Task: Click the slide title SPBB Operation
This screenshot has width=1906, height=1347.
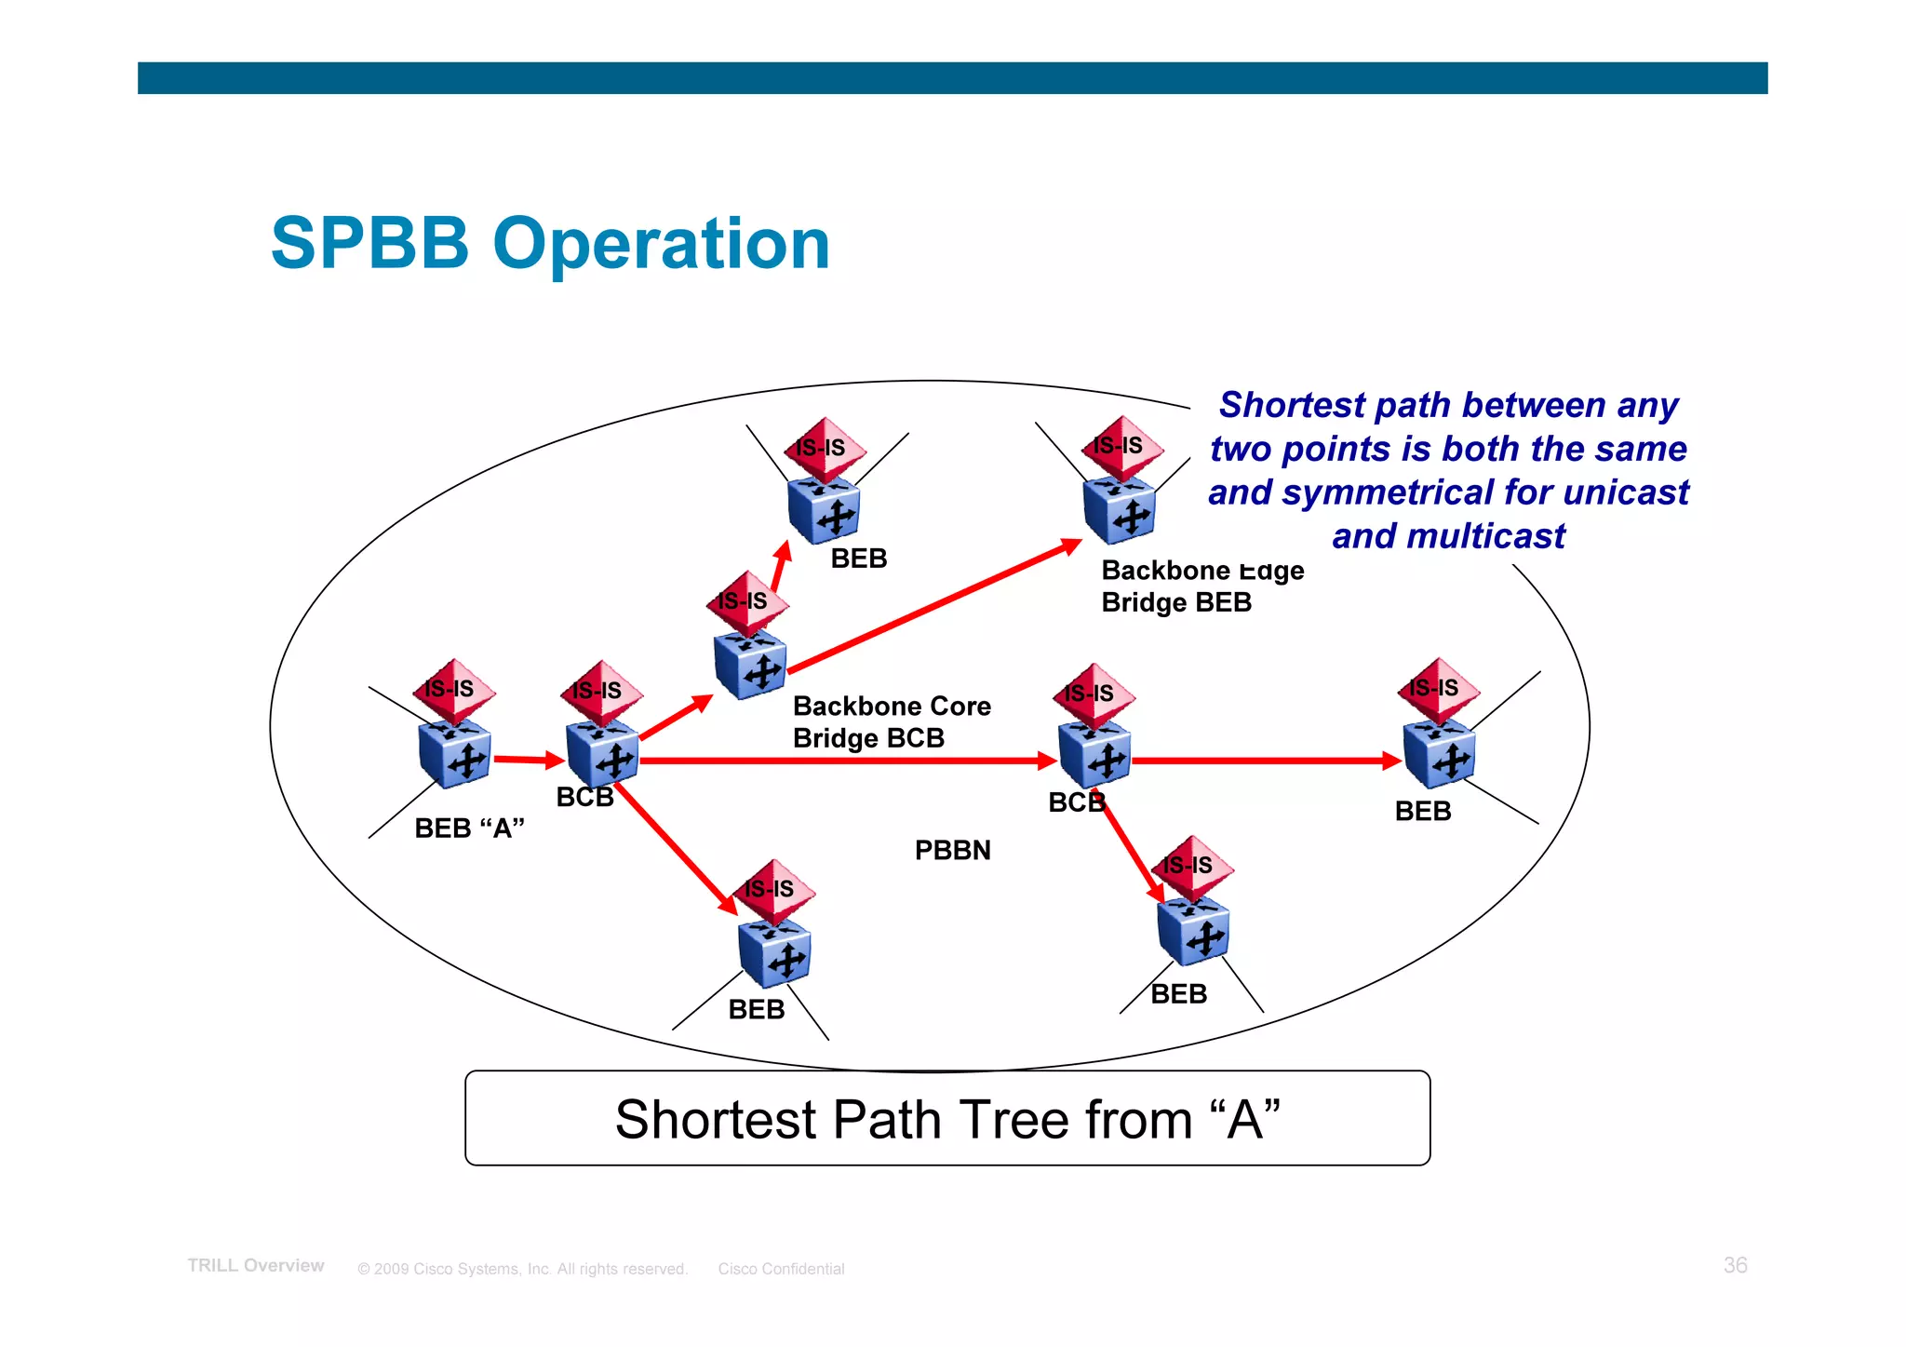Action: pyautogui.click(x=550, y=244)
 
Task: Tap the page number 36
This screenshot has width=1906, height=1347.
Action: pyautogui.click(x=1735, y=1265)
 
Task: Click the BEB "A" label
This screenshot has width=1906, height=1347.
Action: pyautogui.click(x=469, y=828)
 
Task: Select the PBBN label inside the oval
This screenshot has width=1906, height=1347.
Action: pyautogui.click(x=952, y=850)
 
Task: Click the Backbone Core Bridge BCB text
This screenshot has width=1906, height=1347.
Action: pyautogui.click(x=891, y=722)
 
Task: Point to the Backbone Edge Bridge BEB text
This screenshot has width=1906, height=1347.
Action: pyautogui.click(x=1201, y=586)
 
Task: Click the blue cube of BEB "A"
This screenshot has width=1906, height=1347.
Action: pyautogui.click(x=454, y=755)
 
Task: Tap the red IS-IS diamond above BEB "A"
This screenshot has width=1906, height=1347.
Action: pyautogui.click(x=453, y=690)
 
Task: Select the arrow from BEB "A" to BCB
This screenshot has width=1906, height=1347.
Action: pyautogui.click(x=528, y=760)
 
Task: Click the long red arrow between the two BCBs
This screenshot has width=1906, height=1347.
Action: pyautogui.click(x=847, y=761)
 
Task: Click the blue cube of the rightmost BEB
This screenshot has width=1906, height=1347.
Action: pyautogui.click(x=1439, y=755)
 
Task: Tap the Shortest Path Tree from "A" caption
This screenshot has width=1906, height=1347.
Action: pyautogui.click(x=947, y=1118)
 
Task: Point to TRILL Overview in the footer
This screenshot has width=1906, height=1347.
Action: pyautogui.click(x=256, y=1266)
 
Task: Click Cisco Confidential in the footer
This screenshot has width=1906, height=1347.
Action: pyautogui.click(x=781, y=1269)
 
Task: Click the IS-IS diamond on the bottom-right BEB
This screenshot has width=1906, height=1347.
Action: pyautogui.click(x=1192, y=866)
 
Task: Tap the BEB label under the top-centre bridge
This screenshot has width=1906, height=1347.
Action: pyautogui.click(x=858, y=559)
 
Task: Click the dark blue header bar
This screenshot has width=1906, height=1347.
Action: pyautogui.click(x=952, y=78)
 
